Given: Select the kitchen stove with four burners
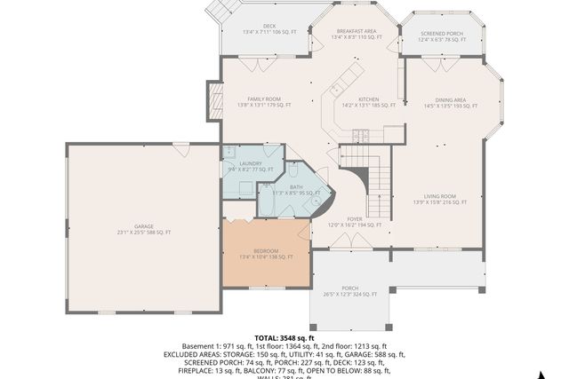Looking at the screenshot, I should click(x=360, y=135).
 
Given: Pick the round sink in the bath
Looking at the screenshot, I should click(x=316, y=201).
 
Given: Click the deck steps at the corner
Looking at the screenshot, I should click(x=223, y=12).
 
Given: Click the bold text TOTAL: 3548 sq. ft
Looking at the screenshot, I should click(x=284, y=337).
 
